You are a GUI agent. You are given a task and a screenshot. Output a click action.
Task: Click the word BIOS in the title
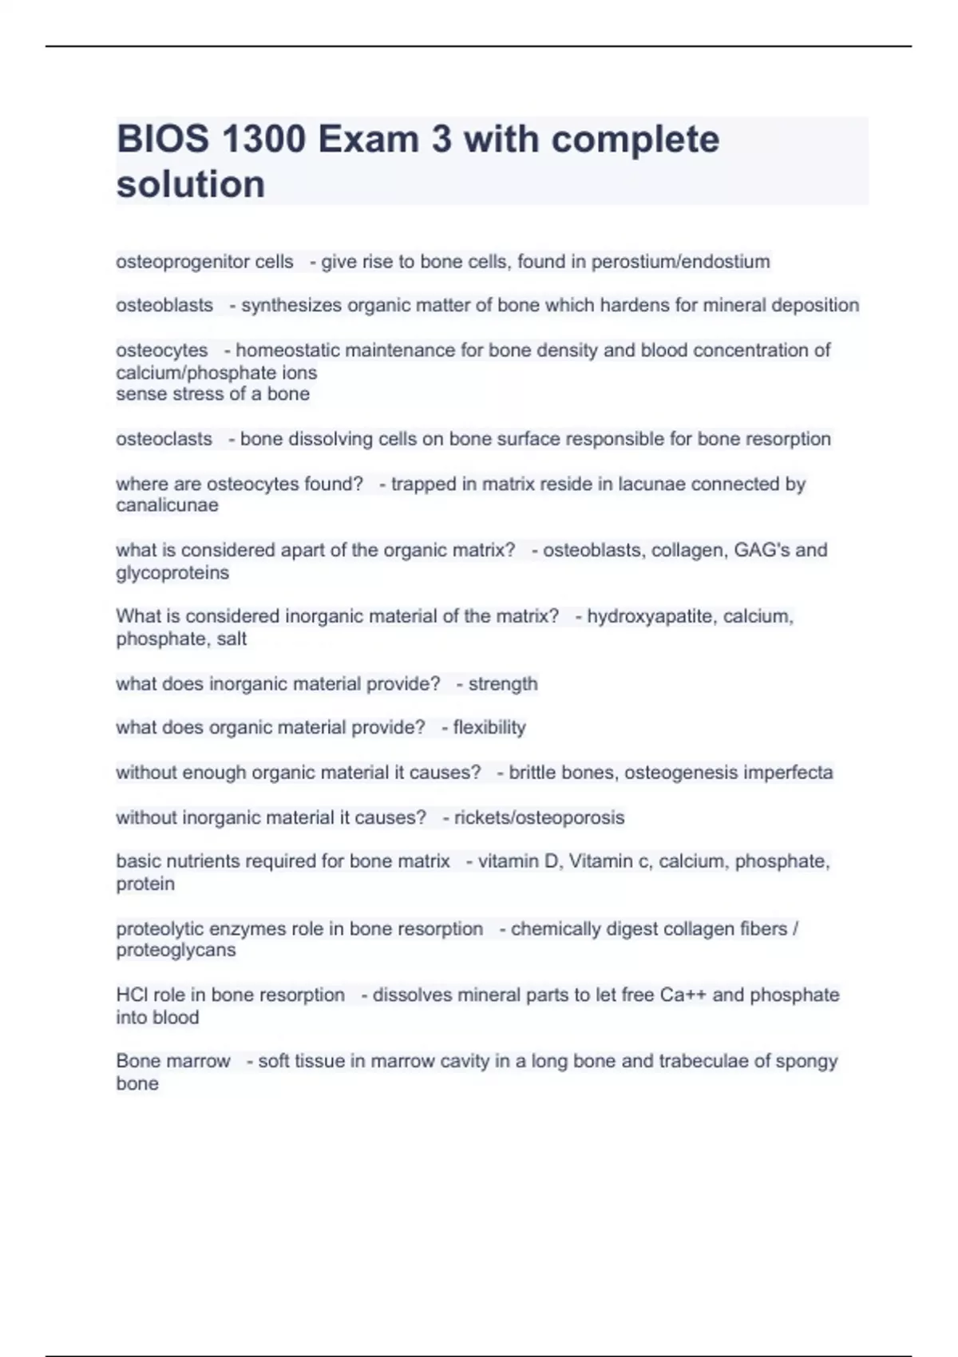[163, 140]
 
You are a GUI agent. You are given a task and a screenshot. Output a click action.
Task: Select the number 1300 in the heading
[263, 140]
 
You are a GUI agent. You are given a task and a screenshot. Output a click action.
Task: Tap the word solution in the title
[191, 184]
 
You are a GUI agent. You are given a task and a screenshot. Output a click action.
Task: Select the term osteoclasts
[164, 439]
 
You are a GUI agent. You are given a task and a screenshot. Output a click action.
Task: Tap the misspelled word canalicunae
[167, 505]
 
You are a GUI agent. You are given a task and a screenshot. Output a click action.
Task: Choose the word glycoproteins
[172, 572]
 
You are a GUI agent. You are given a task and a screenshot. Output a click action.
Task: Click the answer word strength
[503, 684]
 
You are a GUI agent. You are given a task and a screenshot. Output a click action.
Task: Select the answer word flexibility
[489, 728]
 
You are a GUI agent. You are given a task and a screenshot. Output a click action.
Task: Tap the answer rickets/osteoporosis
[540, 817]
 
